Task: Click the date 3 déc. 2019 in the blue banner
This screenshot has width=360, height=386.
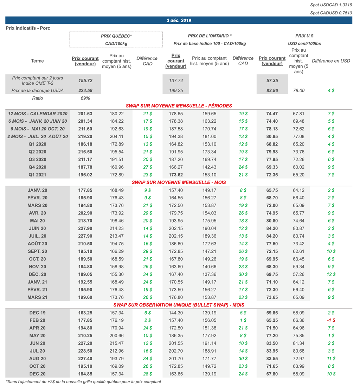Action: click(x=179, y=20)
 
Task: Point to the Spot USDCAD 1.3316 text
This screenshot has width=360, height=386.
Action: click(x=331, y=5)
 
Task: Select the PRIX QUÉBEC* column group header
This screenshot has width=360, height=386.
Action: click(x=116, y=36)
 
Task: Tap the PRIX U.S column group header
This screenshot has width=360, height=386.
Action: click(x=304, y=36)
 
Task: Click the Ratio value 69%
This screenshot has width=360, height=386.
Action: click(x=86, y=98)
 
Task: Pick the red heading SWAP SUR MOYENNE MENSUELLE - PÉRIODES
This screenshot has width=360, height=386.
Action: click(x=179, y=105)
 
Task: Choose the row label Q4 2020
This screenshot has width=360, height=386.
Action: click(x=37, y=167)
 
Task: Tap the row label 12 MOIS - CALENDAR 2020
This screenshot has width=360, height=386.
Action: click(x=37, y=114)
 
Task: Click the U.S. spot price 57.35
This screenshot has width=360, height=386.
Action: click(x=272, y=81)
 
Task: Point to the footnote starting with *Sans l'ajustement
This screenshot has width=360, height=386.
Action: click(x=83, y=381)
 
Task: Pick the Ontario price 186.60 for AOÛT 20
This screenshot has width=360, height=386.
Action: click(x=176, y=244)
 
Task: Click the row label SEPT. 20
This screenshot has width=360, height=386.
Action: click(x=37, y=251)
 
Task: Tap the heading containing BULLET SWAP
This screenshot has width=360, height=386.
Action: click(x=179, y=305)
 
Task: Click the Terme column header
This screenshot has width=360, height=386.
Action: click(x=37, y=61)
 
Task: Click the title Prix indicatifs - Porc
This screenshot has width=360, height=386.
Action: click(x=28, y=28)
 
